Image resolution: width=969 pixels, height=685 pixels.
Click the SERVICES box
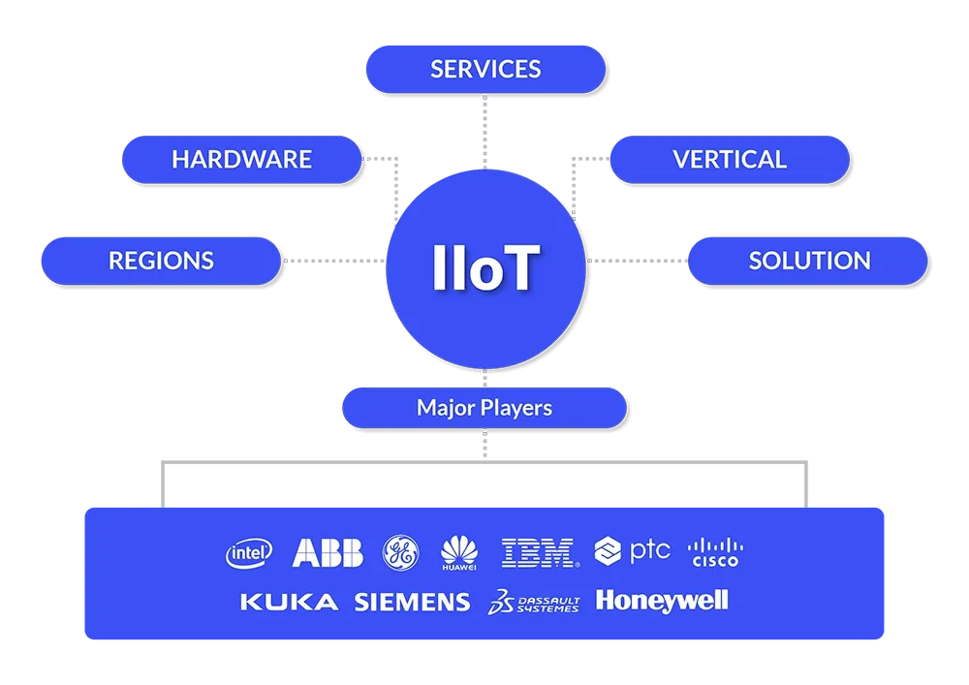tap(485, 69)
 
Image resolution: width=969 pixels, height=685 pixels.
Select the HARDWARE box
tap(241, 159)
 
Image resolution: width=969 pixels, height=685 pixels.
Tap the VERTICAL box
tap(729, 159)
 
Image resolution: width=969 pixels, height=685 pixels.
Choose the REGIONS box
tap(161, 261)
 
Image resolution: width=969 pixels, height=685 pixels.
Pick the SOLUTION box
tap(808, 261)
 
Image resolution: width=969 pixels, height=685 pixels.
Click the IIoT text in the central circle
tap(485, 268)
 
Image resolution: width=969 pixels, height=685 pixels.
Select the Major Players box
tap(484, 408)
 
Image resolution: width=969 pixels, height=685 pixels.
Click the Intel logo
tap(249, 552)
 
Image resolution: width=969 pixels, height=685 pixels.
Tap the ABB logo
tap(328, 552)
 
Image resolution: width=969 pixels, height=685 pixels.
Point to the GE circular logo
tap(400, 551)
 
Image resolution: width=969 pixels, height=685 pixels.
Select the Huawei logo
tap(459, 552)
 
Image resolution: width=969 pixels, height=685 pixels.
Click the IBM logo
tap(539, 552)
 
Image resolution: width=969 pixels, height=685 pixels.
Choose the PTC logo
tap(633, 551)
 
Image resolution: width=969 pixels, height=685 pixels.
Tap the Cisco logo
tap(715, 552)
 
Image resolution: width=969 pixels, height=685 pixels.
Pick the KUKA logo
tap(289, 603)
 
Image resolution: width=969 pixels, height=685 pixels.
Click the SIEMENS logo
tap(412, 603)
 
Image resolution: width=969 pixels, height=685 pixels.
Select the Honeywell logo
tap(662, 601)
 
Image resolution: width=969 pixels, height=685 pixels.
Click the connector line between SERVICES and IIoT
tap(484, 131)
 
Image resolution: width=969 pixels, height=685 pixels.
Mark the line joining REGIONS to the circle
tap(335, 261)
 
